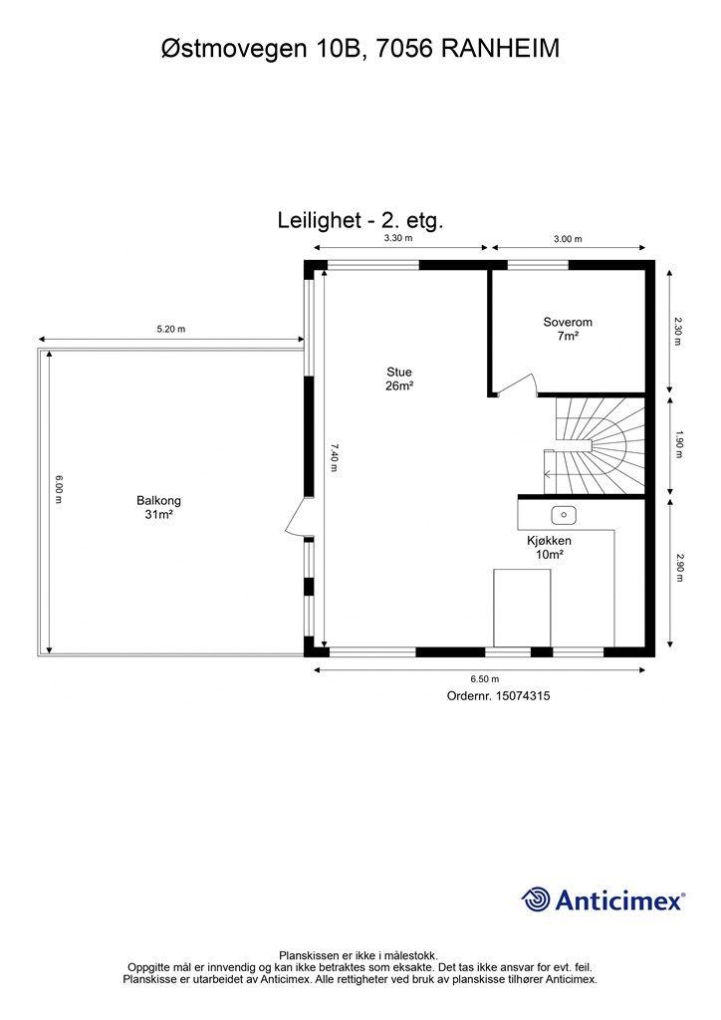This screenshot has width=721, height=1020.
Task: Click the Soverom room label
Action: (x=568, y=329)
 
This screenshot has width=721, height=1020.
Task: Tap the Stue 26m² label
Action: (x=399, y=380)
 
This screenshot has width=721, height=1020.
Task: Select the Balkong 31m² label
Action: (x=159, y=508)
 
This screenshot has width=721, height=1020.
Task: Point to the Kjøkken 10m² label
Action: (x=549, y=548)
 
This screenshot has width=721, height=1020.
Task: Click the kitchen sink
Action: (x=564, y=515)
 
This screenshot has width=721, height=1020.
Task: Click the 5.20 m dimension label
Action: (x=170, y=329)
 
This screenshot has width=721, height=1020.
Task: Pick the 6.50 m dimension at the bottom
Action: (x=485, y=677)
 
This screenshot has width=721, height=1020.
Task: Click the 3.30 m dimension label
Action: (x=398, y=239)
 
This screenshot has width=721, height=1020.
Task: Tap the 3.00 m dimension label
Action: (x=568, y=239)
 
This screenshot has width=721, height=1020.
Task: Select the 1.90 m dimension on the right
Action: (x=678, y=444)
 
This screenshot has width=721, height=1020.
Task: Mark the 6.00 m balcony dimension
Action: (x=60, y=489)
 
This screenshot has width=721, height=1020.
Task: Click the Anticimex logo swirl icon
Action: (x=536, y=899)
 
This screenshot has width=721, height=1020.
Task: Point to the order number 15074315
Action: (x=498, y=697)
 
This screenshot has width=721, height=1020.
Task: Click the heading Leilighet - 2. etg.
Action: (x=360, y=220)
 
